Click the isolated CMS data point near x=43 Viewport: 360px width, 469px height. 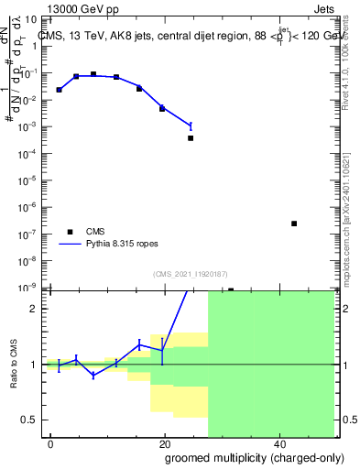tap(294, 224)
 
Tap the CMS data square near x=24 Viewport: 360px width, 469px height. tap(191, 138)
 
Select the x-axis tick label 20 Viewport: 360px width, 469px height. tap(164, 443)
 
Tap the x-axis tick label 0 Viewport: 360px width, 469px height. tap(51, 443)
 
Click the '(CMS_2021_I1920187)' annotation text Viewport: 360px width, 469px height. tap(190, 272)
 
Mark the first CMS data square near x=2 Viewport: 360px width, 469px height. tap(59, 90)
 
